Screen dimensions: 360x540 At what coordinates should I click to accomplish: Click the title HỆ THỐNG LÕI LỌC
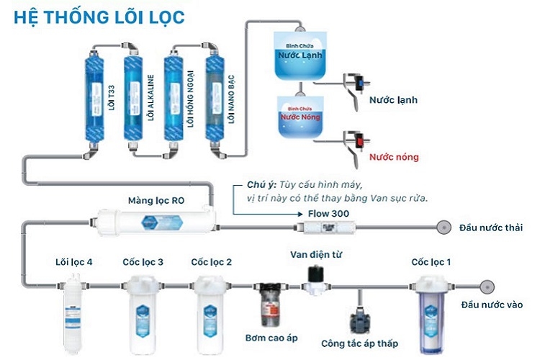tap(99, 15)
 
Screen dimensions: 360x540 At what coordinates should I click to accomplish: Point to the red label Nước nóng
tap(394, 156)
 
